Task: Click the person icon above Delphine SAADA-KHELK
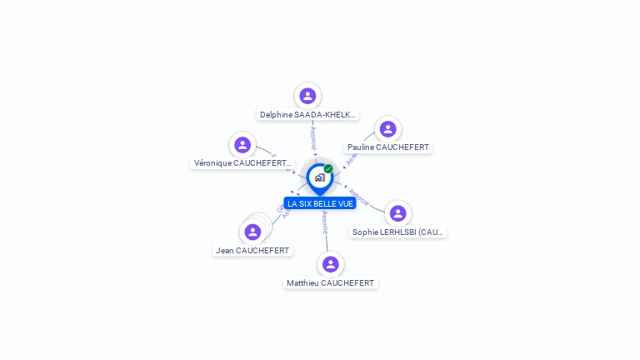click(x=307, y=96)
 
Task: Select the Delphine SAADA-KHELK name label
click(x=307, y=115)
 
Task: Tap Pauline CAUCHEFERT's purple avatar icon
click(x=387, y=129)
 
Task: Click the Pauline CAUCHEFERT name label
click(x=387, y=147)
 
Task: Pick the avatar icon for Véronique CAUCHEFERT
click(x=242, y=145)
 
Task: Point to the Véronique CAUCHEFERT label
click(x=242, y=163)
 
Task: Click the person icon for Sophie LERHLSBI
click(x=397, y=213)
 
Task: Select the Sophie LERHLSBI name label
click(x=398, y=232)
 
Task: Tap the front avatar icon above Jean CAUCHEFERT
click(x=252, y=232)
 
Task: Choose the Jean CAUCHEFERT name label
click(x=252, y=251)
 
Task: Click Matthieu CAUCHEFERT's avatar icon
click(x=331, y=264)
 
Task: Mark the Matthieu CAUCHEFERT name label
click(x=331, y=283)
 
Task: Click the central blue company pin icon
click(x=319, y=177)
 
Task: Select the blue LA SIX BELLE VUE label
click(x=320, y=203)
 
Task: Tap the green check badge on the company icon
click(x=328, y=168)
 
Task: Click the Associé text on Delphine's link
click(x=313, y=138)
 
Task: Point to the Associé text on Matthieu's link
click(x=324, y=222)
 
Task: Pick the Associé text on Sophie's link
click(x=358, y=197)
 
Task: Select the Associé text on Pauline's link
click(x=353, y=152)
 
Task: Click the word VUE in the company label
click(x=347, y=203)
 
